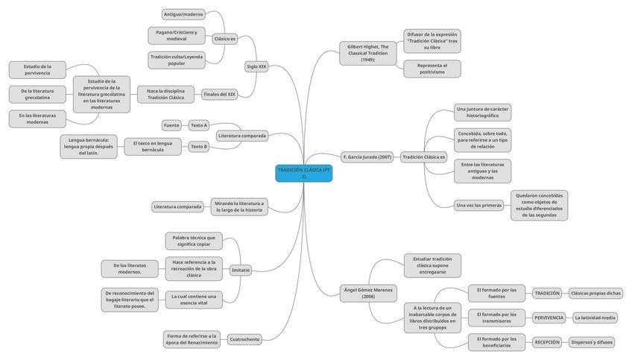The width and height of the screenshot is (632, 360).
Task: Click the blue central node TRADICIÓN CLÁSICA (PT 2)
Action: (x=303, y=173)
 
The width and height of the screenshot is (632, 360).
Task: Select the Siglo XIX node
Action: (x=256, y=67)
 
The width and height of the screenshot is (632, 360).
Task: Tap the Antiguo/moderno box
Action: (x=183, y=14)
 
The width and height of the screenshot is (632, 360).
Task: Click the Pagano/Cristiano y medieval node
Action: (x=177, y=35)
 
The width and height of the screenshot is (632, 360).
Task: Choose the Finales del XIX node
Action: (x=220, y=95)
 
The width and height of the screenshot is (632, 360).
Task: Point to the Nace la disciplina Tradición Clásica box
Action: (x=165, y=94)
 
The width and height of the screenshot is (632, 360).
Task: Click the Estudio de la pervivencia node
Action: (x=37, y=70)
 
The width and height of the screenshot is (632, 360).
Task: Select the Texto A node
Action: (x=199, y=125)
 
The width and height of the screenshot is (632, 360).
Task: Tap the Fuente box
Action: (x=171, y=125)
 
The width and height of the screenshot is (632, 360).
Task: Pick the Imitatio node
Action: (x=241, y=270)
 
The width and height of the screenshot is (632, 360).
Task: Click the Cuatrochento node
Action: (x=244, y=339)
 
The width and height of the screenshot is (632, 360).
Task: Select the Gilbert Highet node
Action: (x=368, y=53)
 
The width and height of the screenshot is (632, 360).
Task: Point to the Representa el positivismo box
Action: (x=432, y=69)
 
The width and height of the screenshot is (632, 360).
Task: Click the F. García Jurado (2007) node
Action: (x=367, y=157)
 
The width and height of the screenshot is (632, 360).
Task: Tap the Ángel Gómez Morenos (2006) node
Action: (x=368, y=292)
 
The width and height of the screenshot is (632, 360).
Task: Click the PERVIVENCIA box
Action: (x=549, y=318)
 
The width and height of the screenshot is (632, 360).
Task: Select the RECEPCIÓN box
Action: (x=547, y=342)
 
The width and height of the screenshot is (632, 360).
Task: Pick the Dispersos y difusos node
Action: (x=592, y=342)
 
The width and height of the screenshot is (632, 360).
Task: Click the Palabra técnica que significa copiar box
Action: (x=194, y=241)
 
